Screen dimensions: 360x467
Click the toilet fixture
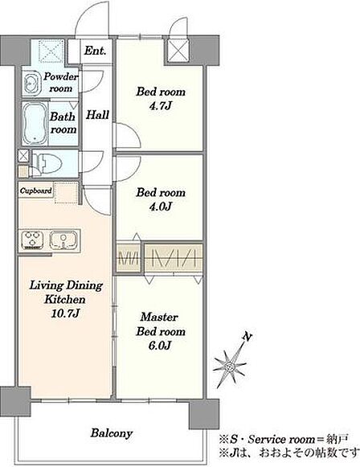[47, 163]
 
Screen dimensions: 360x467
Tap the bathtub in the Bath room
[35, 124]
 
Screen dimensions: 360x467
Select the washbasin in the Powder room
[31, 84]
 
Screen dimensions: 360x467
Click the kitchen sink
[63, 240]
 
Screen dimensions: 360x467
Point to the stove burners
[32, 240]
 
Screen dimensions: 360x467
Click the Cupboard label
[35, 190]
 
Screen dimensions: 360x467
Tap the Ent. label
[95, 51]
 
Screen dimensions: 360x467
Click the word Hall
[97, 115]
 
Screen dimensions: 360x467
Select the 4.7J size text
[161, 106]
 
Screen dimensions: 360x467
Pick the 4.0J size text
[161, 207]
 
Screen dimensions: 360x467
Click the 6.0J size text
[160, 346]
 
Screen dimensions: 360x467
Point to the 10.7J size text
[66, 313]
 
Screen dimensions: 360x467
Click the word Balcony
[112, 432]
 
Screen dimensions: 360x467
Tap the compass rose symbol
[229, 365]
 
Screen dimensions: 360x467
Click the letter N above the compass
[247, 337]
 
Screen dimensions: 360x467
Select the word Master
[159, 317]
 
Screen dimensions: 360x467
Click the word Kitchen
[65, 299]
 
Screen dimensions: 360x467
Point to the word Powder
[60, 76]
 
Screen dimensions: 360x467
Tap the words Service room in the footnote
[281, 440]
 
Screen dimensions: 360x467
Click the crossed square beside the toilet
[23, 156]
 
